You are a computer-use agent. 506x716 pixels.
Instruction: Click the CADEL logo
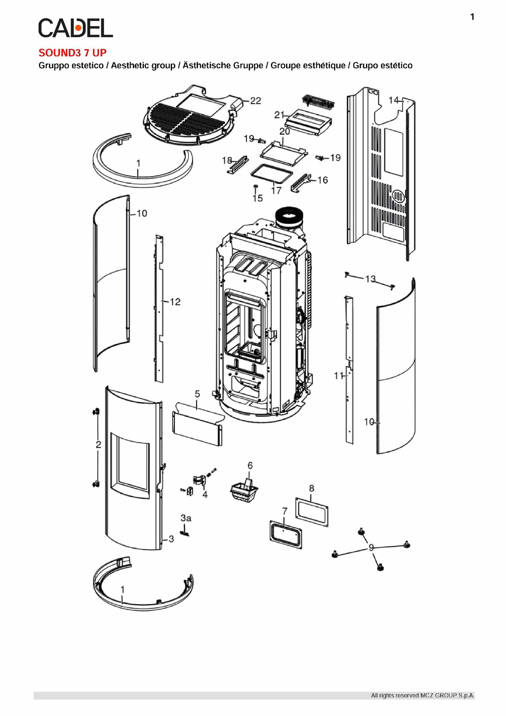click(75, 28)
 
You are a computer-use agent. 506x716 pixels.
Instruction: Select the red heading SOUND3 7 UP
click(72, 53)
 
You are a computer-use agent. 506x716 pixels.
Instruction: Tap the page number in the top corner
click(472, 17)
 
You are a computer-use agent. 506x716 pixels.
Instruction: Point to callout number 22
click(256, 101)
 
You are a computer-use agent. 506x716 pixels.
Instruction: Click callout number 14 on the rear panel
click(393, 100)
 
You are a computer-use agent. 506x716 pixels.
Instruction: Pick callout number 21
click(279, 115)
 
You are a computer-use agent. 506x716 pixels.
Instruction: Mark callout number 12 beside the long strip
click(175, 302)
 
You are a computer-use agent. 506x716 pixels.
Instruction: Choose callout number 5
click(197, 394)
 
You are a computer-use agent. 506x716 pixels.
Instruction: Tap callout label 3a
click(186, 518)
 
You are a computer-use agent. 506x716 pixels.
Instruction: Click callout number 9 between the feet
click(371, 548)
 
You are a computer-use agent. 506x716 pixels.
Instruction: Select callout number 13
click(370, 279)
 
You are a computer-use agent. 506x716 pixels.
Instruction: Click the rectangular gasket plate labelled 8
click(312, 512)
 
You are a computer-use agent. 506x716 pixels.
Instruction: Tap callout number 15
click(258, 198)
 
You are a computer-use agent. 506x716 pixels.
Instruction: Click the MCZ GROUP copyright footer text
click(422, 696)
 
